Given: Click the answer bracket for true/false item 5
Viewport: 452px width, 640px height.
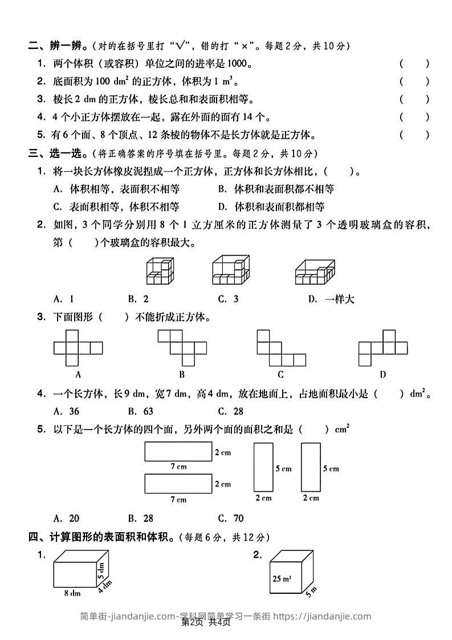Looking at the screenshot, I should pyautogui.click(x=414, y=135).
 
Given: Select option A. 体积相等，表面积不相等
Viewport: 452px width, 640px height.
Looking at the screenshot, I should pyautogui.click(x=116, y=189).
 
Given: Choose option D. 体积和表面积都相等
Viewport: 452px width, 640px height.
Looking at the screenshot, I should pyautogui.click(x=272, y=206).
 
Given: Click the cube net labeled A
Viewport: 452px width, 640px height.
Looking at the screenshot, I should pyautogui.click(x=78, y=348).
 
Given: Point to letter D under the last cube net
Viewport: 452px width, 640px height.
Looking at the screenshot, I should pyautogui.click(x=382, y=375).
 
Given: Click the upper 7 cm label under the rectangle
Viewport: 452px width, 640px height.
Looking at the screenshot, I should pyautogui.click(x=178, y=467).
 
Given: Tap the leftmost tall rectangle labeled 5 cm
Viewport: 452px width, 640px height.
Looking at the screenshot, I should pyautogui.click(x=263, y=468).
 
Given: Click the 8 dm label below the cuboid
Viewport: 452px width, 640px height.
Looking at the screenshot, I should pyautogui.click(x=72, y=593).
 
